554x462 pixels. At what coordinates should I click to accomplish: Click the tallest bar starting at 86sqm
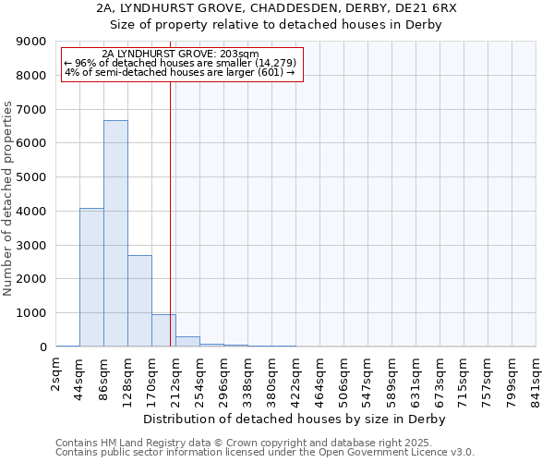pyautogui.click(x=115, y=233)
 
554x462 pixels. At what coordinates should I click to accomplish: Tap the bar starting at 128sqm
pyautogui.click(x=139, y=300)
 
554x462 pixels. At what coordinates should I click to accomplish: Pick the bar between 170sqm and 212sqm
pyautogui.click(x=163, y=330)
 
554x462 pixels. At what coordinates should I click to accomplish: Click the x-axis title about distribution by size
pyautogui.click(x=295, y=419)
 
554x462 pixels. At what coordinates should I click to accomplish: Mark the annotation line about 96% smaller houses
pyautogui.click(x=179, y=63)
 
